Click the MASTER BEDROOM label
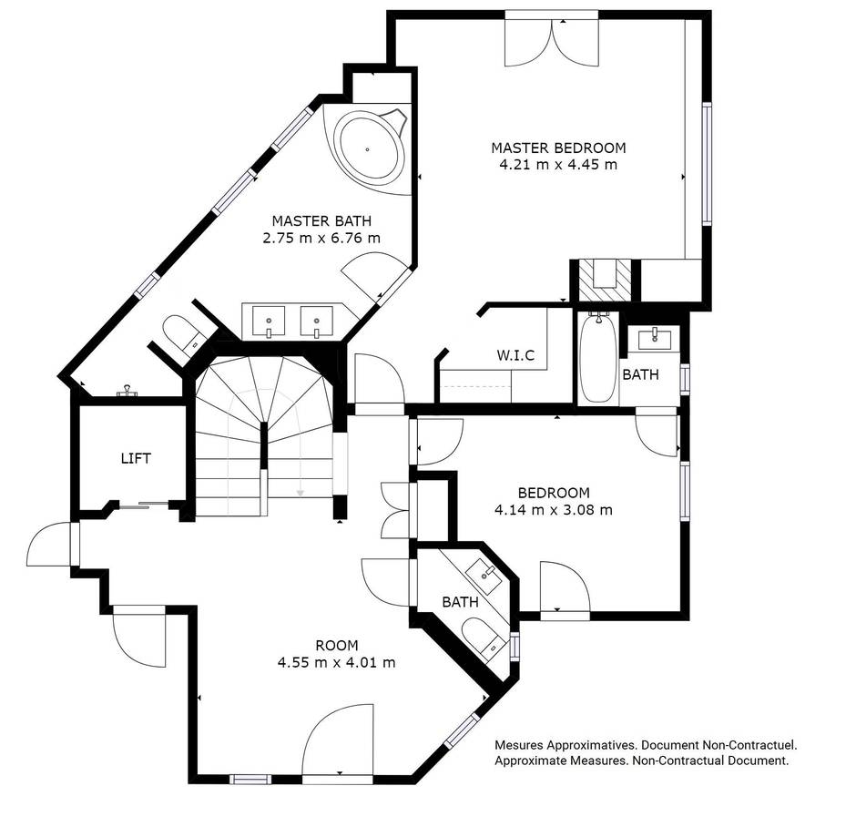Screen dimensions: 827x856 pyautogui.click(x=558, y=148)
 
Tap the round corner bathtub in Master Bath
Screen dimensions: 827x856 pyautogui.click(x=369, y=148)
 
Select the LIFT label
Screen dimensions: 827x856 pyautogui.click(x=136, y=458)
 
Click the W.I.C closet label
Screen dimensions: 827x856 pyautogui.click(x=515, y=354)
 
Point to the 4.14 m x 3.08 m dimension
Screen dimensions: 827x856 pyautogui.click(x=553, y=510)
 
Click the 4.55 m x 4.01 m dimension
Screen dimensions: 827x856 pyautogui.click(x=336, y=662)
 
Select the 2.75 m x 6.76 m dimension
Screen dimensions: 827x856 pyautogui.click(x=321, y=238)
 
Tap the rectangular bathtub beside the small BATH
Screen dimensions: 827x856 pyautogui.click(x=597, y=358)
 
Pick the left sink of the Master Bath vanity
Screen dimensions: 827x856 pyautogui.click(x=269, y=322)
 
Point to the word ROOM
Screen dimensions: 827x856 pyautogui.click(x=336, y=646)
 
